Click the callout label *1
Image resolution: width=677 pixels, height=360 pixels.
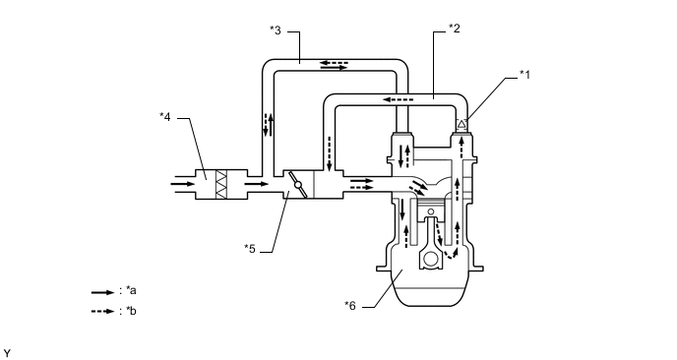pyautogui.click(x=524, y=74)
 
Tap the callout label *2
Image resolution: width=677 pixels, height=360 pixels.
pyautogui.click(x=455, y=29)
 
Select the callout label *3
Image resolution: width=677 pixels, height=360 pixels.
pyautogui.click(x=276, y=30)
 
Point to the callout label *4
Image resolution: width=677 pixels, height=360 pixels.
pyautogui.click(x=165, y=116)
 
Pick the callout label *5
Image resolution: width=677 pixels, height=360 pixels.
pyautogui.click(x=250, y=249)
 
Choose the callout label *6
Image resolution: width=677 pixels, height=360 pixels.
pyautogui.click(x=350, y=306)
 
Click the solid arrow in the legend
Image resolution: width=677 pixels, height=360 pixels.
pyautogui.click(x=102, y=292)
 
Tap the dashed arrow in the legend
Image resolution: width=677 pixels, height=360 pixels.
pyautogui.click(x=102, y=311)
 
